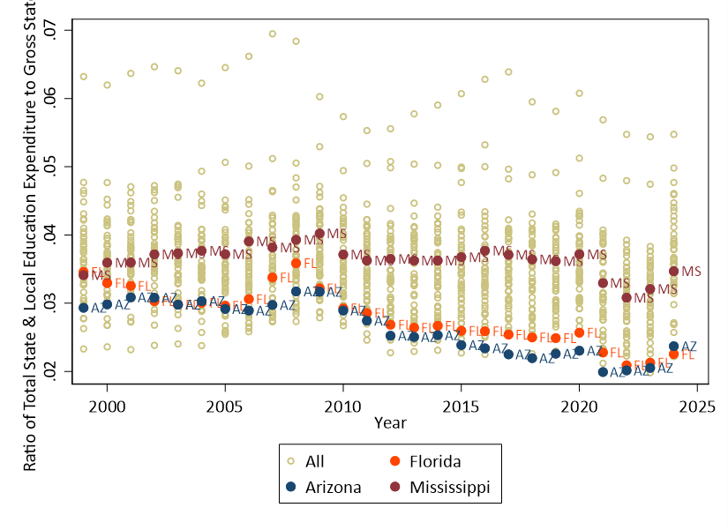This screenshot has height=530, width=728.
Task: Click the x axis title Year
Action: point(390,423)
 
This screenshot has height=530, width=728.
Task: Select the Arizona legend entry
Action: point(326,487)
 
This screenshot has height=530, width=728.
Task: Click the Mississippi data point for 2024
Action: point(674,271)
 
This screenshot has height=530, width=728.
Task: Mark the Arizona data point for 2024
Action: point(674,347)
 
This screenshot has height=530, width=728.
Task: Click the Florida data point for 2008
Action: point(296,263)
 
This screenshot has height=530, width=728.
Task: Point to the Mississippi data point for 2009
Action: point(319,234)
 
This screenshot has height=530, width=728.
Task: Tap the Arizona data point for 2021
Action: point(603,371)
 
